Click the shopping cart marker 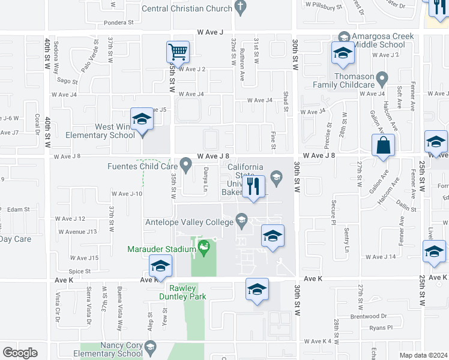pyautogui.click(x=178, y=52)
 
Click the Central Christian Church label pyautogui.click(x=187, y=8)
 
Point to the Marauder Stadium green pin pyautogui.click(x=204, y=246)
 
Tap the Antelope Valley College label pyautogui.click(x=189, y=223)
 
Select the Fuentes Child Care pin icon pyautogui.click(x=186, y=163)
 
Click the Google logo pyautogui.click(x=20, y=353)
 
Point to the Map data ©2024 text pyautogui.click(x=423, y=355)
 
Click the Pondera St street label pyautogui.click(x=118, y=23)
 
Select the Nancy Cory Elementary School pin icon pyautogui.click(x=150, y=347)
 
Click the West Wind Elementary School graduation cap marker pyautogui.click(x=142, y=119)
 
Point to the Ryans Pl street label pyautogui.click(x=381, y=328)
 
